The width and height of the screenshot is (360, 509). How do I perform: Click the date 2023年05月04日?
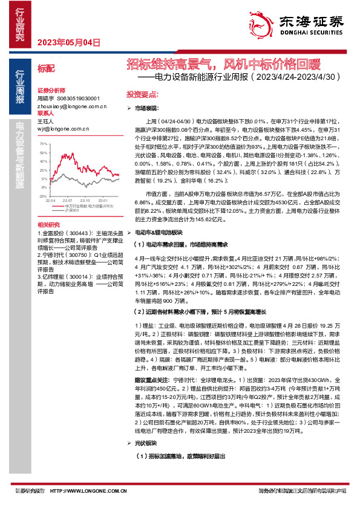tap(68, 42)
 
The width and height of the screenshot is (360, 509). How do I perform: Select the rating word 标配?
tap(45, 69)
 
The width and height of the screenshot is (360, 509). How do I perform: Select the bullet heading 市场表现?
tap(146, 107)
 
